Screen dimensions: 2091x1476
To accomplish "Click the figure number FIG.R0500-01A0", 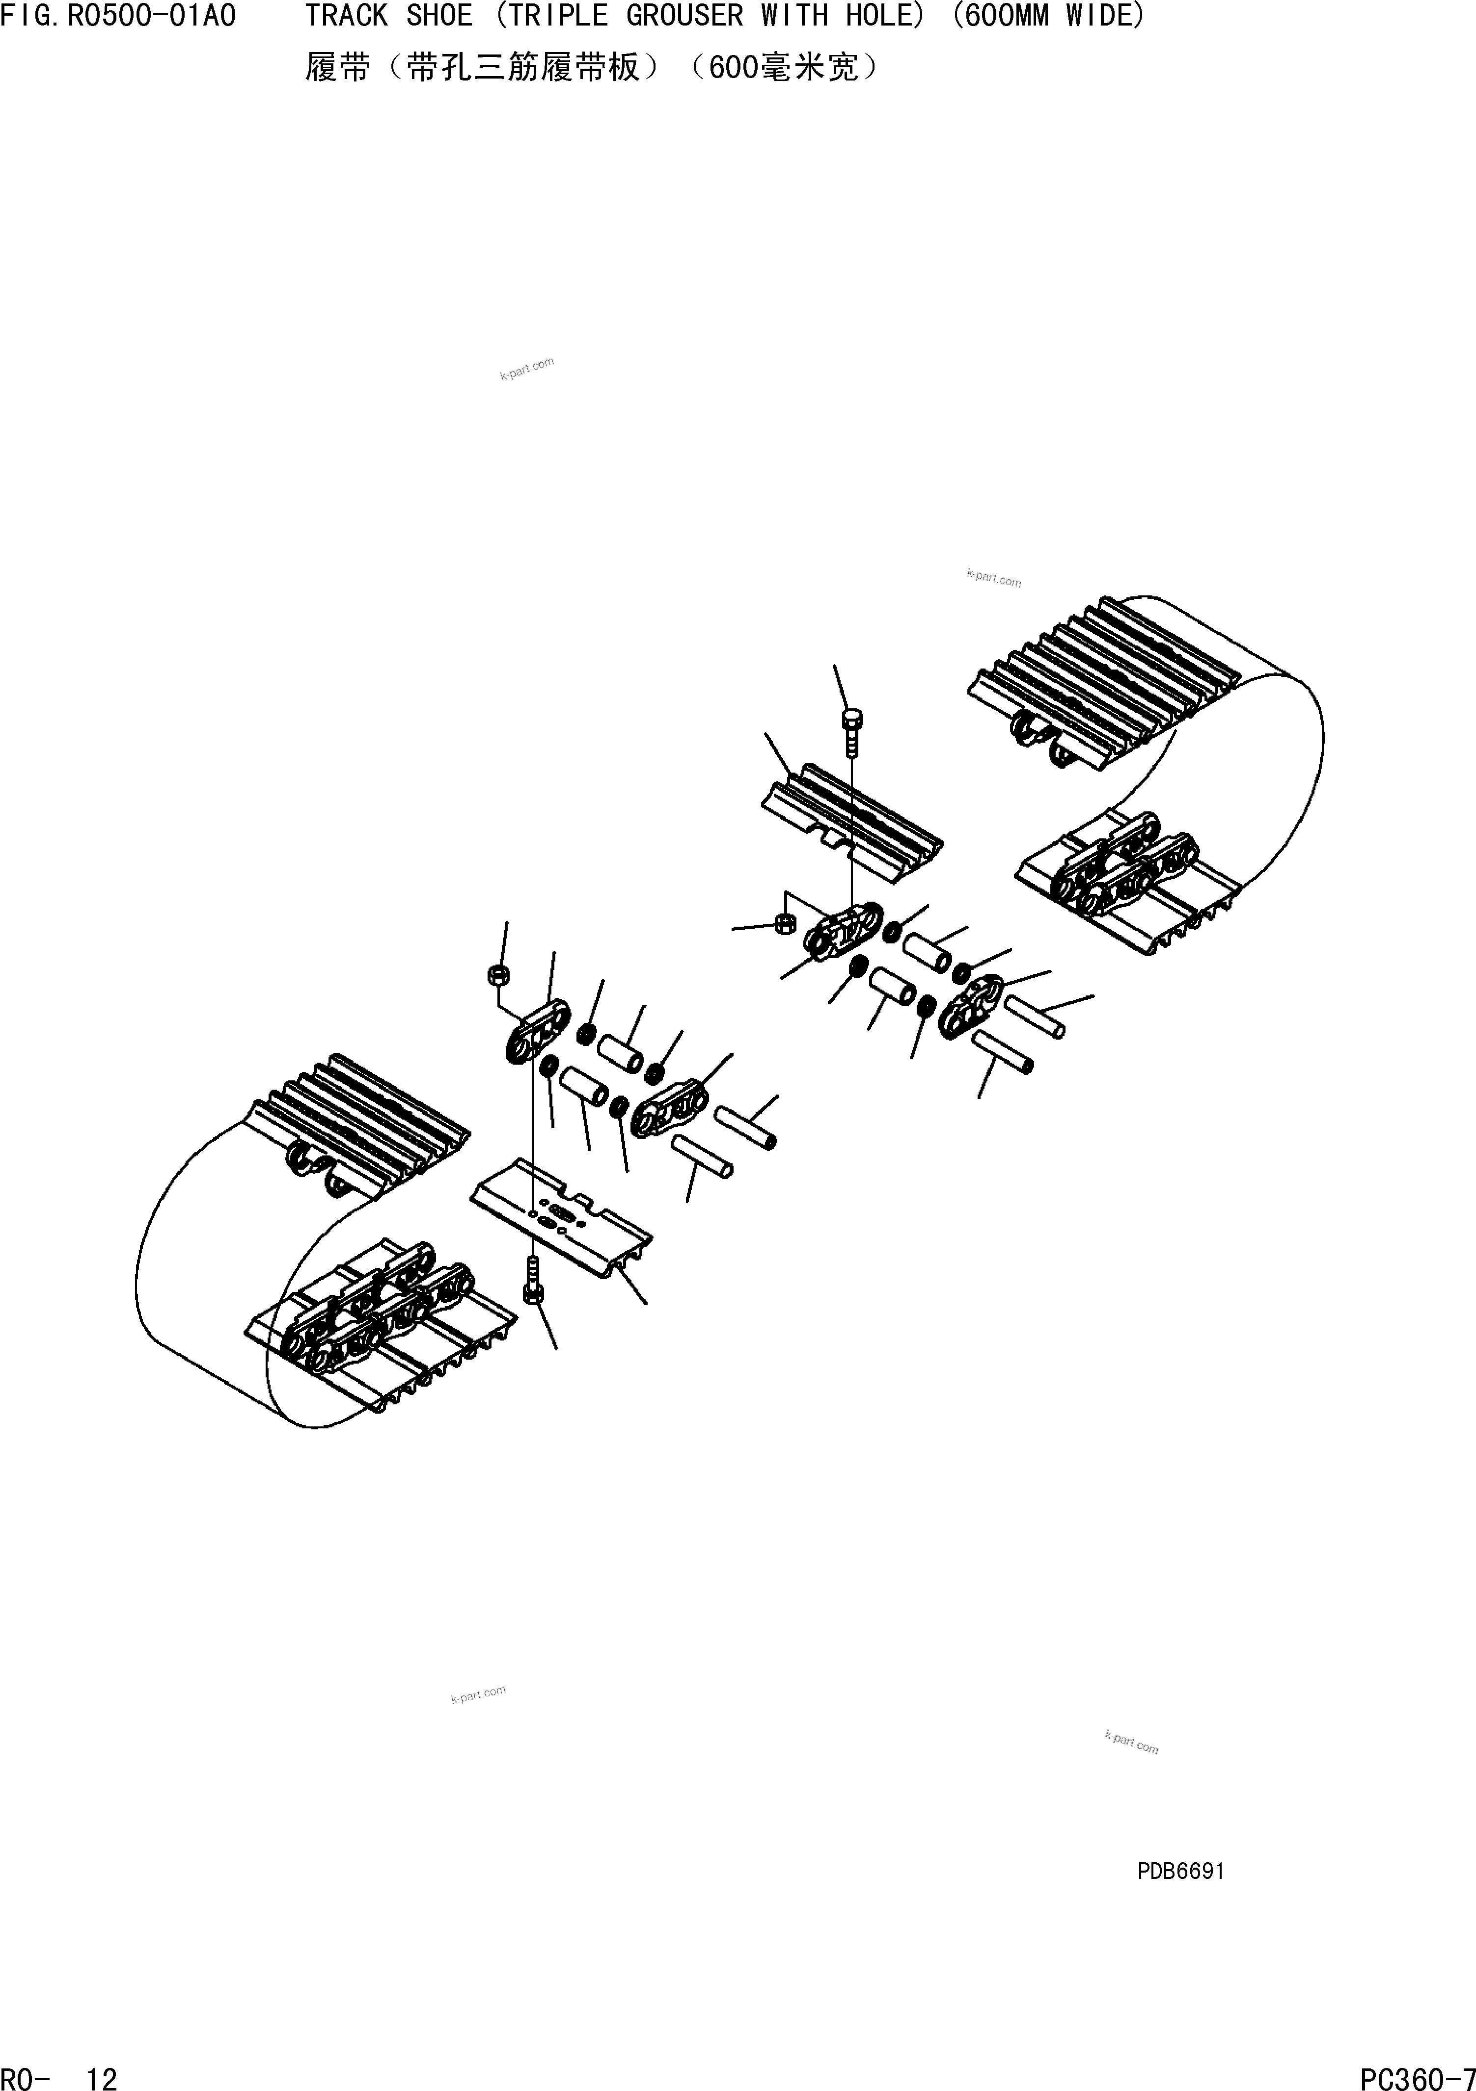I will tap(118, 16).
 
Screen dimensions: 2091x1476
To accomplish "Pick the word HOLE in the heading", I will tap(886, 16).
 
